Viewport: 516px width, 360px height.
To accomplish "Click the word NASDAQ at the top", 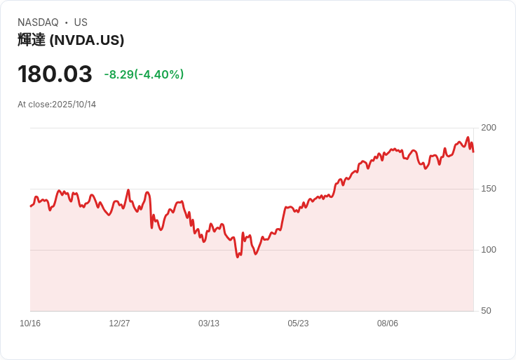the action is coord(38,22).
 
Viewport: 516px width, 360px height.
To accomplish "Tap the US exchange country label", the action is coord(81,22).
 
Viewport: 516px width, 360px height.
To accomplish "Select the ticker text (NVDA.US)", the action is coord(87,40).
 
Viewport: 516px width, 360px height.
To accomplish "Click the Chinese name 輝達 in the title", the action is coord(32,40).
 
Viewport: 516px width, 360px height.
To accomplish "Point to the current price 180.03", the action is coord(55,74).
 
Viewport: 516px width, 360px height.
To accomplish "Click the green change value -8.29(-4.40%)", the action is coord(144,74).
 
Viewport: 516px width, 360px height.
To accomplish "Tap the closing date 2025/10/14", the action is coord(74,105).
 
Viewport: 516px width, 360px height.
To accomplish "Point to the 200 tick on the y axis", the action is coord(489,128).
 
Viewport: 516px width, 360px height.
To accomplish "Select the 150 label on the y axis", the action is coord(489,189).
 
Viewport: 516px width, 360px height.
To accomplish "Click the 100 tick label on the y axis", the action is coord(489,250).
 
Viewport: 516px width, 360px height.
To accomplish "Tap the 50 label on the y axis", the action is coord(486,311).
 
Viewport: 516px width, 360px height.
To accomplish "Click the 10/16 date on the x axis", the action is coord(30,324).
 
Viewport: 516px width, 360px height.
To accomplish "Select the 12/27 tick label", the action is coord(119,324).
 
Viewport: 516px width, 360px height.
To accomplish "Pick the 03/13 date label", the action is coord(209,324).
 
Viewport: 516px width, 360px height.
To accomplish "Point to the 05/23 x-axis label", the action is coord(298,324).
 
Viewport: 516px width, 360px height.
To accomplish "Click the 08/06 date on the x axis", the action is coord(388,324).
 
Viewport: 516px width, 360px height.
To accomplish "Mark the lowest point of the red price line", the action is coord(238,257).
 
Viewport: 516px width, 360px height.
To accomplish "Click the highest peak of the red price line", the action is coord(468,138).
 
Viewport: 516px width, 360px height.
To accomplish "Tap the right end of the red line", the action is coord(473,152).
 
